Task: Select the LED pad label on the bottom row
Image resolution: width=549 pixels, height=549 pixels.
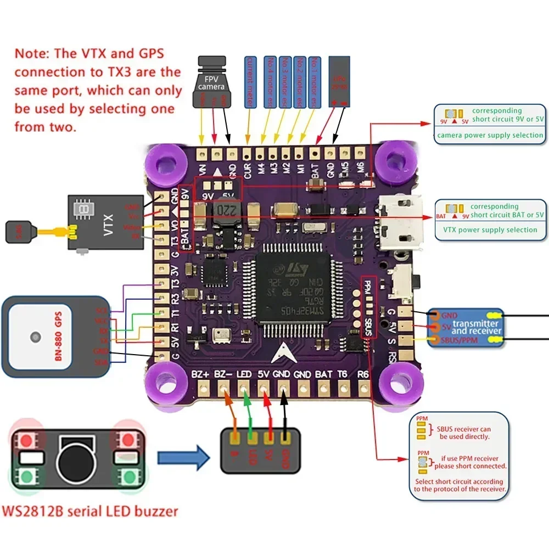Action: pyautogui.click(x=244, y=375)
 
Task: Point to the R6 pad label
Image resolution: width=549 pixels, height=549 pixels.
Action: pyautogui.click(x=363, y=375)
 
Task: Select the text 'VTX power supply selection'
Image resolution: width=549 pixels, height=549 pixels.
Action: pyautogui.click(x=490, y=230)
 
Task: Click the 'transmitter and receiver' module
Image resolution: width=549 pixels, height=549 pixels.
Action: pyautogui.click(x=466, y=328)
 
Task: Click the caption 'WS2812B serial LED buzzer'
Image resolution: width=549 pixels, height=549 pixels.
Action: pyautogui.click(x=91, y=512)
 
